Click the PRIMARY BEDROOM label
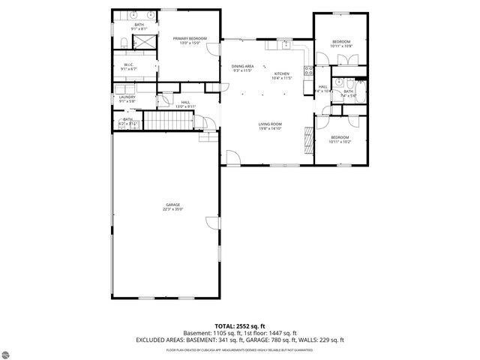click(x=189, y=38)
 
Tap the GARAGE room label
click(x=173, y=205)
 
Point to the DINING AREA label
click(x=242, y=66)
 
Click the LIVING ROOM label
click(x=270, y=124)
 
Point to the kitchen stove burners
click(x=307, y=72)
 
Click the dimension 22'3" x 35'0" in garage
click(x=173, y=209)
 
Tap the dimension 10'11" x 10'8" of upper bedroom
click(x=340, y=46)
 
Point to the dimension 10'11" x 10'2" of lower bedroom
click(x=340, y=142)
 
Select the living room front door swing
click(x=232, y=158)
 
